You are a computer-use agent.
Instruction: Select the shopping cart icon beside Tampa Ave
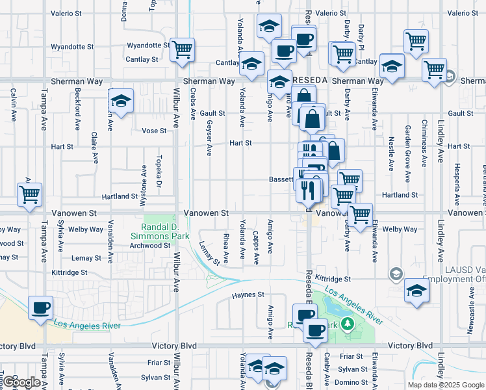(x=29, y=194)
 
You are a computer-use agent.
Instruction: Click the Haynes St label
(x=248, y=294)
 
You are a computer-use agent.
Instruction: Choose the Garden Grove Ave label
(x=408, y=162)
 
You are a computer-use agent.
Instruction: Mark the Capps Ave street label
(x=256, y=248)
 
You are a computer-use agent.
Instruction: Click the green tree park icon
(x=349, y=323)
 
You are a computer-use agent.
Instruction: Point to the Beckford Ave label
(x=77, y=109)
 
